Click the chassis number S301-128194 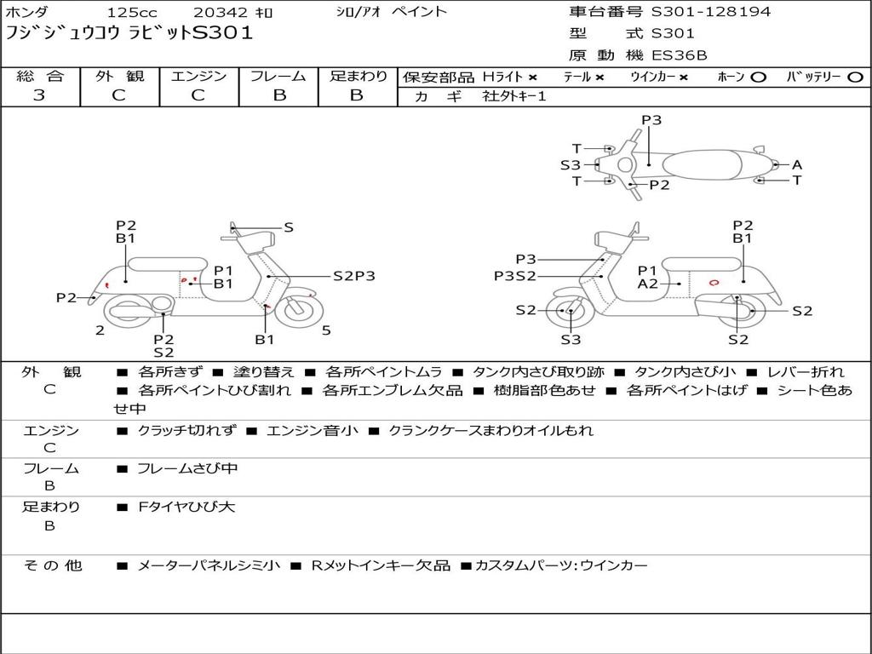tap(711, 12)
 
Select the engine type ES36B tap(680, 55)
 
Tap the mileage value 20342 tap(221, 13)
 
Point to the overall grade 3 tap(39, 95)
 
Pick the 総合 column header tap(40, 77)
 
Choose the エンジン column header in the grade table tap(199, 77)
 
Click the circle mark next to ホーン tap(759, 77)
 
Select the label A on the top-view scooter tap(797, 165)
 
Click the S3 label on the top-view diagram tap(570, 165)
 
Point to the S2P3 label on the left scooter tap(353, 276)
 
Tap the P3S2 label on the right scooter tap(515, 276)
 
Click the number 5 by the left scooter tap(326, 330)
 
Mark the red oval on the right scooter tap(714, 282)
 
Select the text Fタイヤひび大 tap(186, 507)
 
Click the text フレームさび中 tap(187, 468)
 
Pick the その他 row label tap(51, 565)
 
